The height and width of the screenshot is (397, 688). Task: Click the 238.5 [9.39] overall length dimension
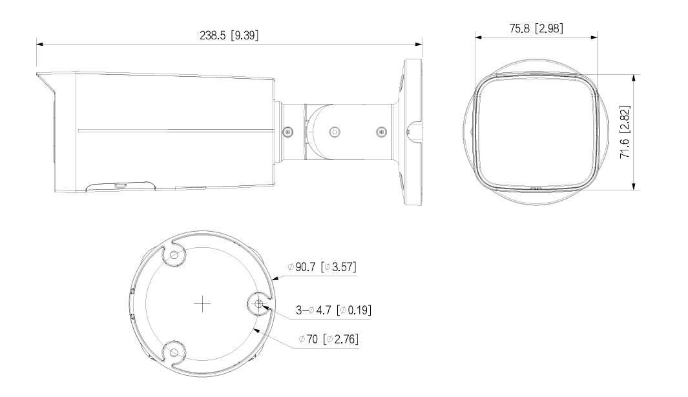pyautogui.click(x=229, y=36)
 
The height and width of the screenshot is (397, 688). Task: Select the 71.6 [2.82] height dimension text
pyautogui.click(x=623, y=131)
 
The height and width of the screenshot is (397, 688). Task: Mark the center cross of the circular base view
pyautogui.click(x=203, y=304)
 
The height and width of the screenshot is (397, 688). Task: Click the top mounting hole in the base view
pyautogui.click(x=172, y=256)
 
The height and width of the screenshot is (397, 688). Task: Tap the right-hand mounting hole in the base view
pyautogui.click(x=258, y=304)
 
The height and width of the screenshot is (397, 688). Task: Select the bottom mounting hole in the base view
pyautogui.click(x=172, y=352)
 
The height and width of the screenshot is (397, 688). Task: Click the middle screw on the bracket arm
pyautogui.click(x=334, y=132)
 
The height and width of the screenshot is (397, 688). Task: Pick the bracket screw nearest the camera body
pyautogui.click(x=287, y=132)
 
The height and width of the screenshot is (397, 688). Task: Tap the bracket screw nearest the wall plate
pyautogui.click(x=380, y=132)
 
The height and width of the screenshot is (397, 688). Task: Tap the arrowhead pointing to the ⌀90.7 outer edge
pyautogui.click(x=275, y=278)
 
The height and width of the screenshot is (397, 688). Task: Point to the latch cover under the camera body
pyautogui.click(x=120, y=185)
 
